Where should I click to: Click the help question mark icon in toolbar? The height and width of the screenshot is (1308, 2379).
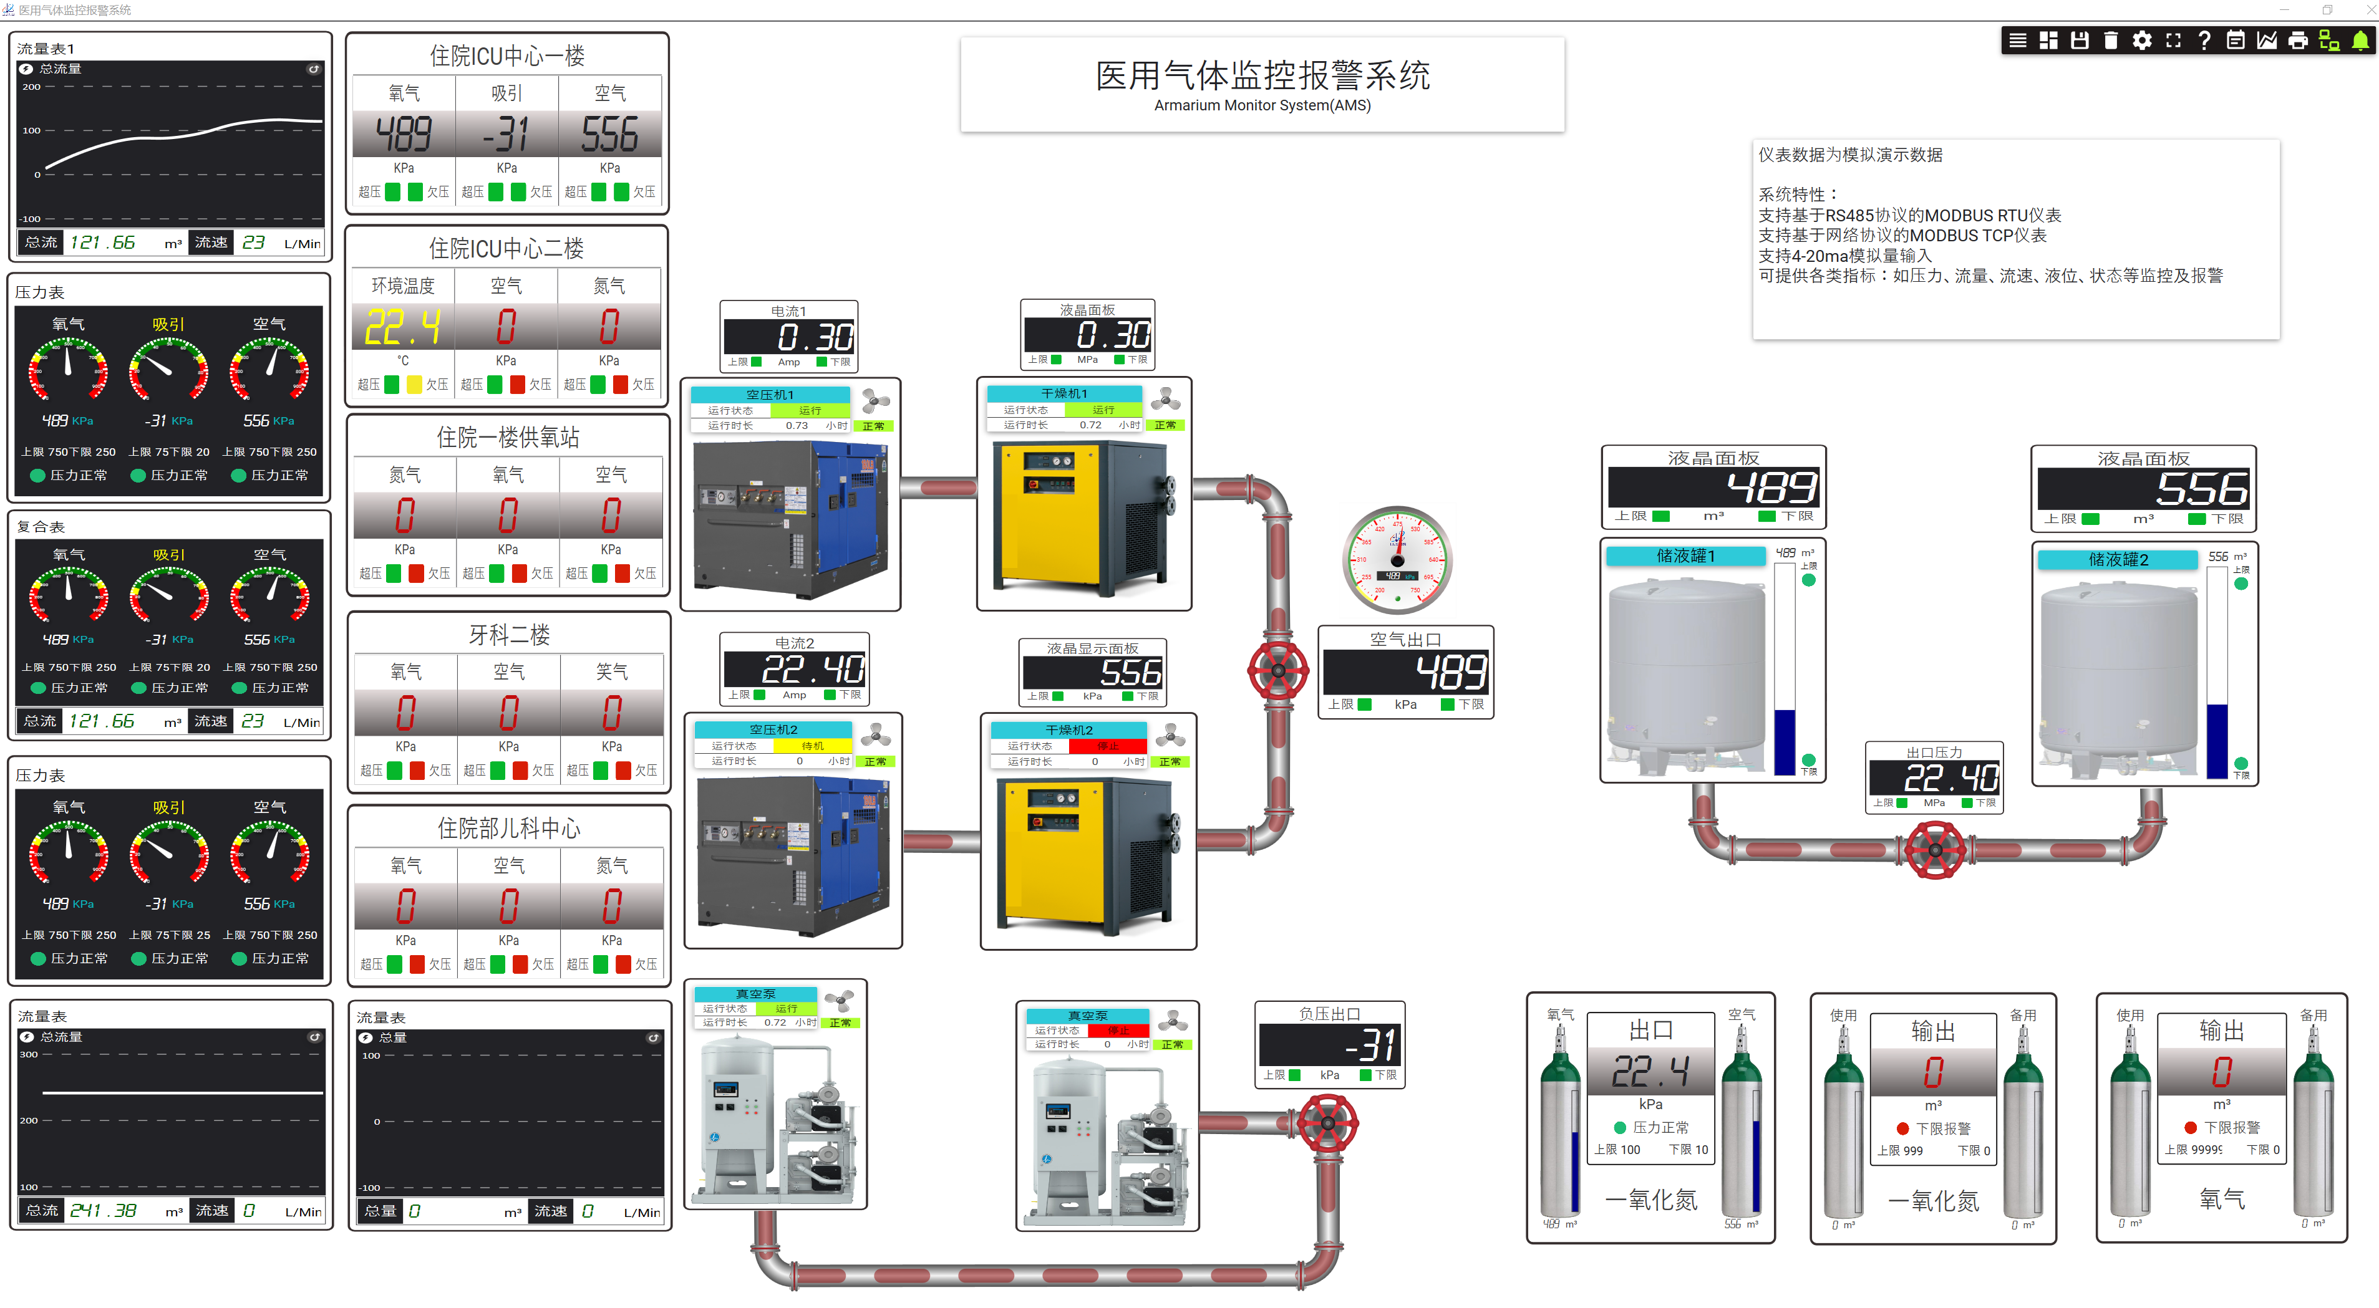pyautogui.click(x=2204, y=41)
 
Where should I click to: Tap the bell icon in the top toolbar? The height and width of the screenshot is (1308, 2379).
pyautogui.click(x=2360, y=41)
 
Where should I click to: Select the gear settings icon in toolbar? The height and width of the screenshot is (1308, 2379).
pyautogui.click(x=2141, y=41)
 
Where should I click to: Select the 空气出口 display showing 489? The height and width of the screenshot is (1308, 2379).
pyautogui.click(x=1405, y=671)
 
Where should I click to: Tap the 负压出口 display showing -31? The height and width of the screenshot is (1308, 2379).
pyautogui.click(x=1329, y=1045)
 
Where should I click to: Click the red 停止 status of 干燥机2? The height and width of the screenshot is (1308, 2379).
pyautogui.click(x=1107, y=746)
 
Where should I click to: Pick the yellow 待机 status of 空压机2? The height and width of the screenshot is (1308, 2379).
pyautogui.click(x=812, y=746)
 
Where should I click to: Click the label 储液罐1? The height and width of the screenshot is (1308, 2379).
pyautogui.click(x=1685, y=555)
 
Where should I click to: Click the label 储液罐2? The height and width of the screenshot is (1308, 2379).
pyautogui.click(x=2118, y=559)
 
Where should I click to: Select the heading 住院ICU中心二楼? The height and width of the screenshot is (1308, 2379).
pyautogui.click(x=506, y=248)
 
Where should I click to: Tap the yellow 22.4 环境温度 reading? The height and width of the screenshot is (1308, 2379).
pyautogui.click(x=403, y=328)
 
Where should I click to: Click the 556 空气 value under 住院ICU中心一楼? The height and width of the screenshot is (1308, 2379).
pyautogui.click(x=609, y=135)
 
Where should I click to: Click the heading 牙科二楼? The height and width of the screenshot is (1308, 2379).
pyautogui.click(x=509, y=635)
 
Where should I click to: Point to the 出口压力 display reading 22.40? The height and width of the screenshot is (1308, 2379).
pyautogui.click(x=1934, y=777)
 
